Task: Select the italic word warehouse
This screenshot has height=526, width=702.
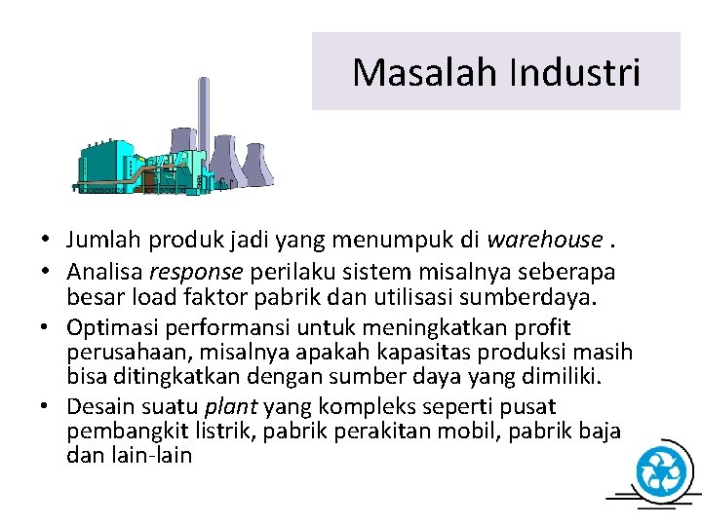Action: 543,239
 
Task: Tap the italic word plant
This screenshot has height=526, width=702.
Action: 229,406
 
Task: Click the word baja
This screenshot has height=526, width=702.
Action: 598,431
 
